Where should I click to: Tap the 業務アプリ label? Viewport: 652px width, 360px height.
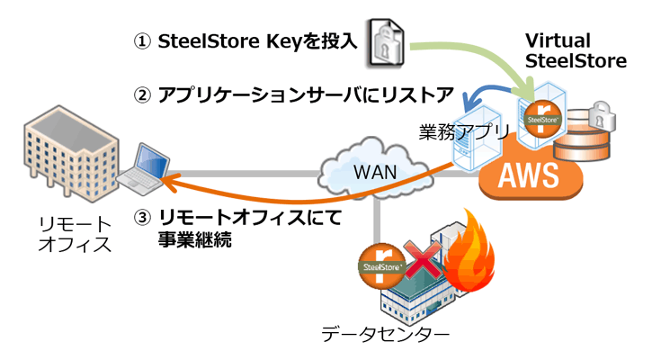[x=464, y=131]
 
